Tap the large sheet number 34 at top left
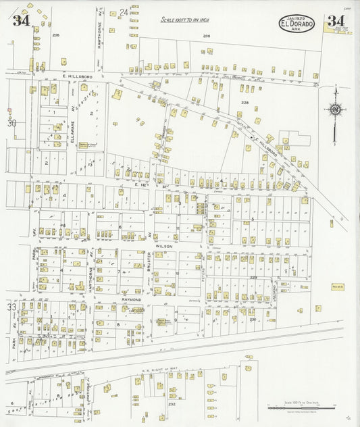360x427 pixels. click(x=21, y=20)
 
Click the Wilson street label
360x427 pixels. click(x=165, y=247)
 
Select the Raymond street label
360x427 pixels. click(x=131, y=299)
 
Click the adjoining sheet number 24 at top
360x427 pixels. click(x=124, y=11)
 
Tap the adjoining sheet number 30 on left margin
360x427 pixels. click(x=11, y=123)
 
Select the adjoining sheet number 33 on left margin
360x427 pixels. click(x=11, y=307)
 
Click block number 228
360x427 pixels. click(x=245, y=103)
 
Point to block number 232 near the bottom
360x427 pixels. click(x=172, y=405)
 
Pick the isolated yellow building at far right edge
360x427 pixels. click(x=331, y=222)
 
